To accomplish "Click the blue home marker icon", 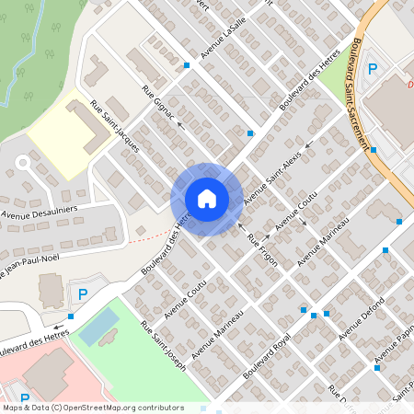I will (207, 199).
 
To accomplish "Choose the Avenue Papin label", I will (394, 344).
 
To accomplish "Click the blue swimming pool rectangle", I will (98, 326).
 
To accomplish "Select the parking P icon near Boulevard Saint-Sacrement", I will (373, 69).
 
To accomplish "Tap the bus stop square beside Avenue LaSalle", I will (187, 65).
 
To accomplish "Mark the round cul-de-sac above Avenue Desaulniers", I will (22, 162).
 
